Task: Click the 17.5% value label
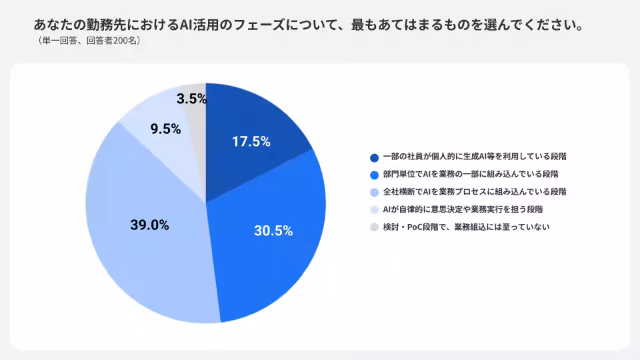[x=251, y=141]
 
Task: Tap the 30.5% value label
[x=273, y=231]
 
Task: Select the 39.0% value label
[x=149, y=225]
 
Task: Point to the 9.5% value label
[x=165, y=129]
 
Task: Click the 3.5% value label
[x=191, y=99]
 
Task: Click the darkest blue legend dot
[x=374, y=157]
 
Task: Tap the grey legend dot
[x=374, y=227]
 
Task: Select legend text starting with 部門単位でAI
[x=471, y=174]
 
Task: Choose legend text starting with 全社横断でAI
[x=475, y=192]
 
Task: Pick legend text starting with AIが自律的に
[x=463, y=209]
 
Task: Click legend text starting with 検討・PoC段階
[x=466, y=227]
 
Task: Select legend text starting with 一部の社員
[x=475, y=156]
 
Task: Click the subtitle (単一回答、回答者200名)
[x=89, y=41]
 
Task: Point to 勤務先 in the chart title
[x=106, y=25]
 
